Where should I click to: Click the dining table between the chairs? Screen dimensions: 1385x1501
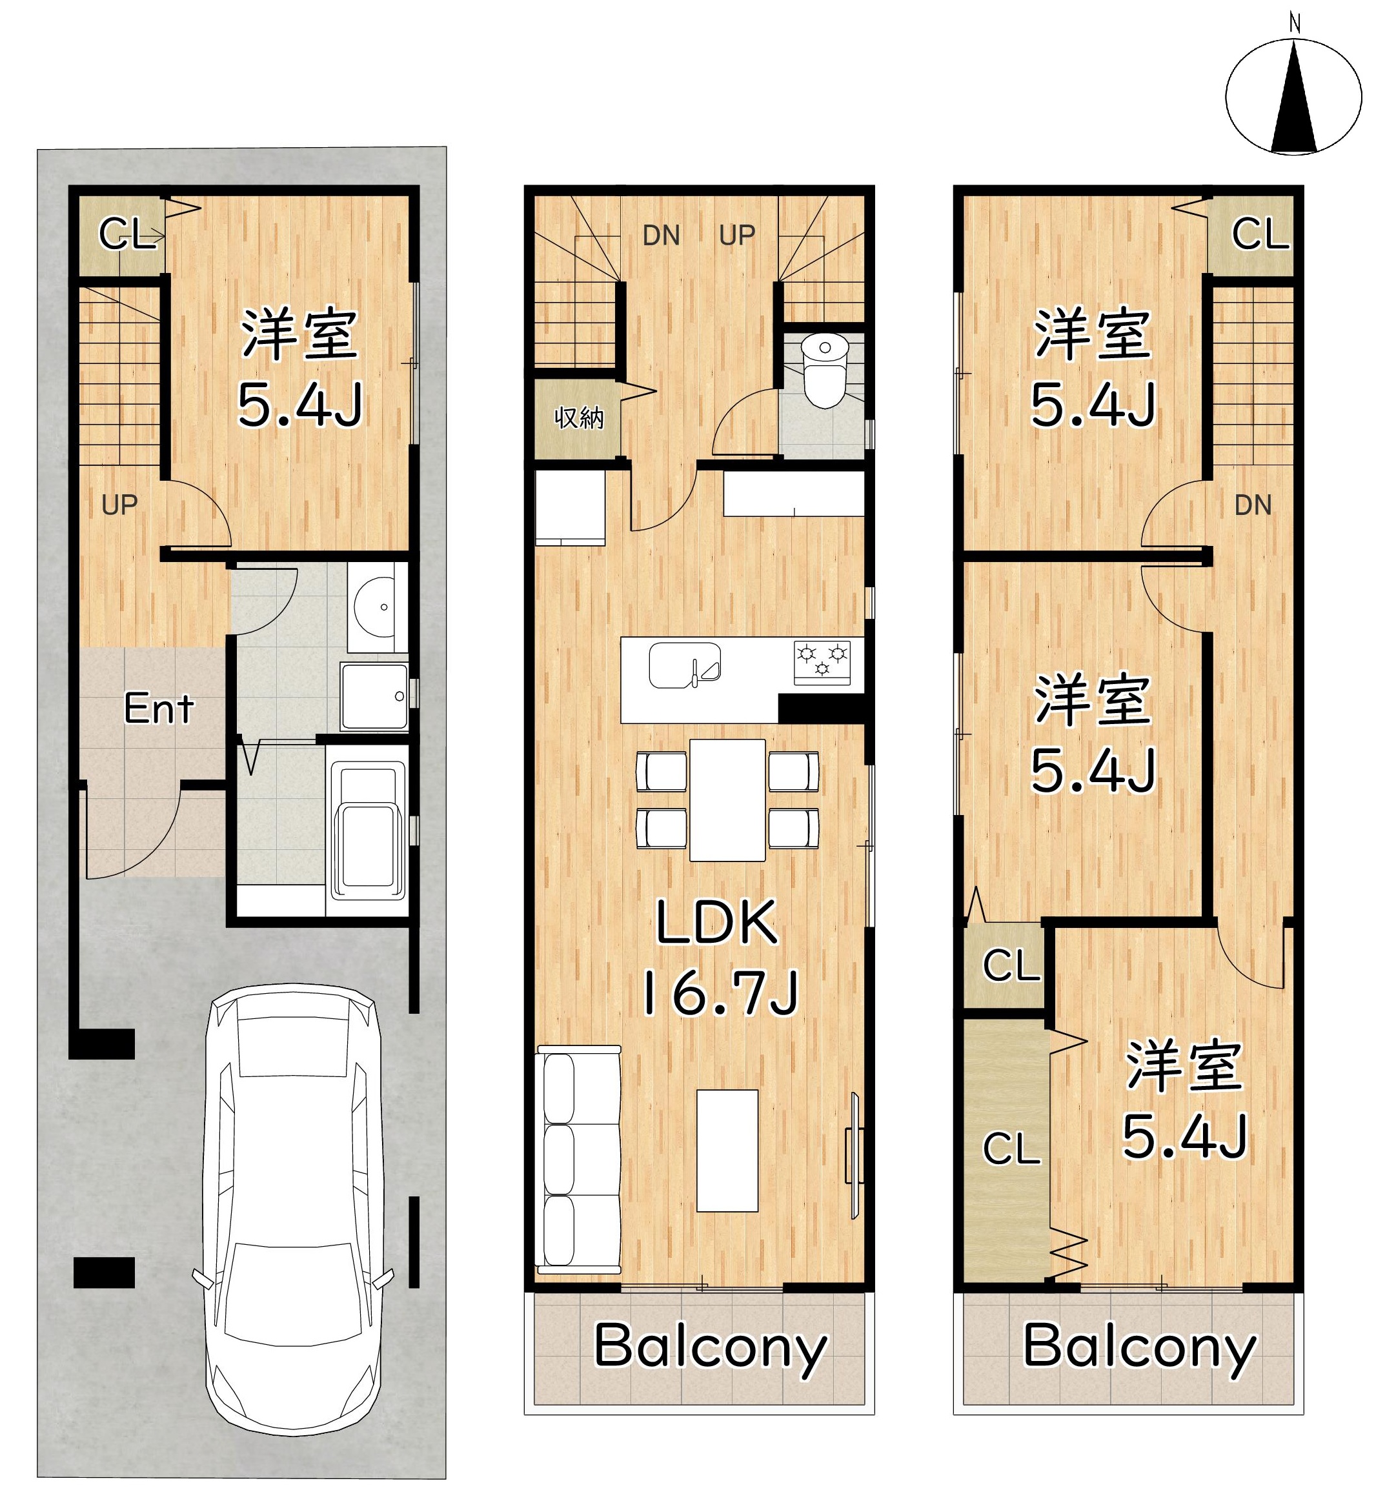coord(727,800)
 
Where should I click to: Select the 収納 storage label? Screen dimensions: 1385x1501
coord(578,418)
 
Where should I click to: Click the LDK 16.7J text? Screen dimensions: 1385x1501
coord(718,958)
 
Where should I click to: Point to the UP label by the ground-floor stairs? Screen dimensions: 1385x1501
coord(119,506)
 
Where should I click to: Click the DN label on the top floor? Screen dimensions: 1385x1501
coord(1253,506)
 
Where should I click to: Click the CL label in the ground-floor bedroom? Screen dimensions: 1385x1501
coord(127,234)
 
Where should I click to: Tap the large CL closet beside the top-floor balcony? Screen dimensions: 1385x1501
coord(1006,1149)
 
